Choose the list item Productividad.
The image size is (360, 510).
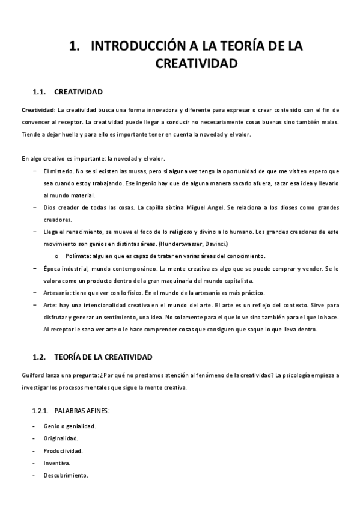pos(63,450)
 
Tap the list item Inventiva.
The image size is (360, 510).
pos(56,463)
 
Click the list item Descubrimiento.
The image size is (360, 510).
pos(66,475)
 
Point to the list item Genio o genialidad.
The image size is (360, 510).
pos(70,426)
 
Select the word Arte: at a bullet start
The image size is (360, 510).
pos(50,305)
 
